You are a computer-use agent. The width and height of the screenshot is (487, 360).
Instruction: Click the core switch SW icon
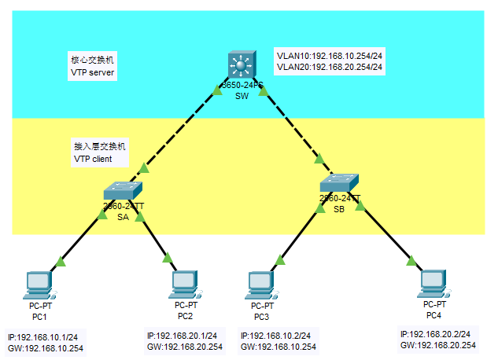pyautogui.click(x=241, y=64)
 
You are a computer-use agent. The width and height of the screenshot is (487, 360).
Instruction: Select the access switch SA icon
pyautogui.click(x=123, y=189)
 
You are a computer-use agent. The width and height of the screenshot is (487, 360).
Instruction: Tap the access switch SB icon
pyautogui.click(x=340, y=182)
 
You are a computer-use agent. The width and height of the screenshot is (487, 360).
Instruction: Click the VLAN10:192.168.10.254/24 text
pyautogui.click(x=329, y=56)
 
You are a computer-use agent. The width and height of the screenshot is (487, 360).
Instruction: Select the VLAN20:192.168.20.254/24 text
pyautogui.click(x=329, y=68)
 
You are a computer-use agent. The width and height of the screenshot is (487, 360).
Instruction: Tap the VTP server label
pyautogui.click(x=93, y=72)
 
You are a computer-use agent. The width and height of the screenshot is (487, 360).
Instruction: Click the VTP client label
pyautogui.click(x=93, y=159)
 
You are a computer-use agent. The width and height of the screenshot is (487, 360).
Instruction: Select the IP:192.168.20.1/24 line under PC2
pyautogui.click(x=184, y=336)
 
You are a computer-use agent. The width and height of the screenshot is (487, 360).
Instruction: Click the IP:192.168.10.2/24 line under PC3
pyautogui.click(x=275, y=336)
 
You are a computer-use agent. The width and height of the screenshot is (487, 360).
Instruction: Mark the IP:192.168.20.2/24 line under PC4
pyautogui.click(x=437, y=334)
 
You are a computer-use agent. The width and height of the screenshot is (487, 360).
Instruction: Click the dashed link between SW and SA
pyautogui.click(x=181, y=130)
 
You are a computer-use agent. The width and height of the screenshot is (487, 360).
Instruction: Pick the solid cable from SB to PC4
pyautogui.click(x=386, y=233)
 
